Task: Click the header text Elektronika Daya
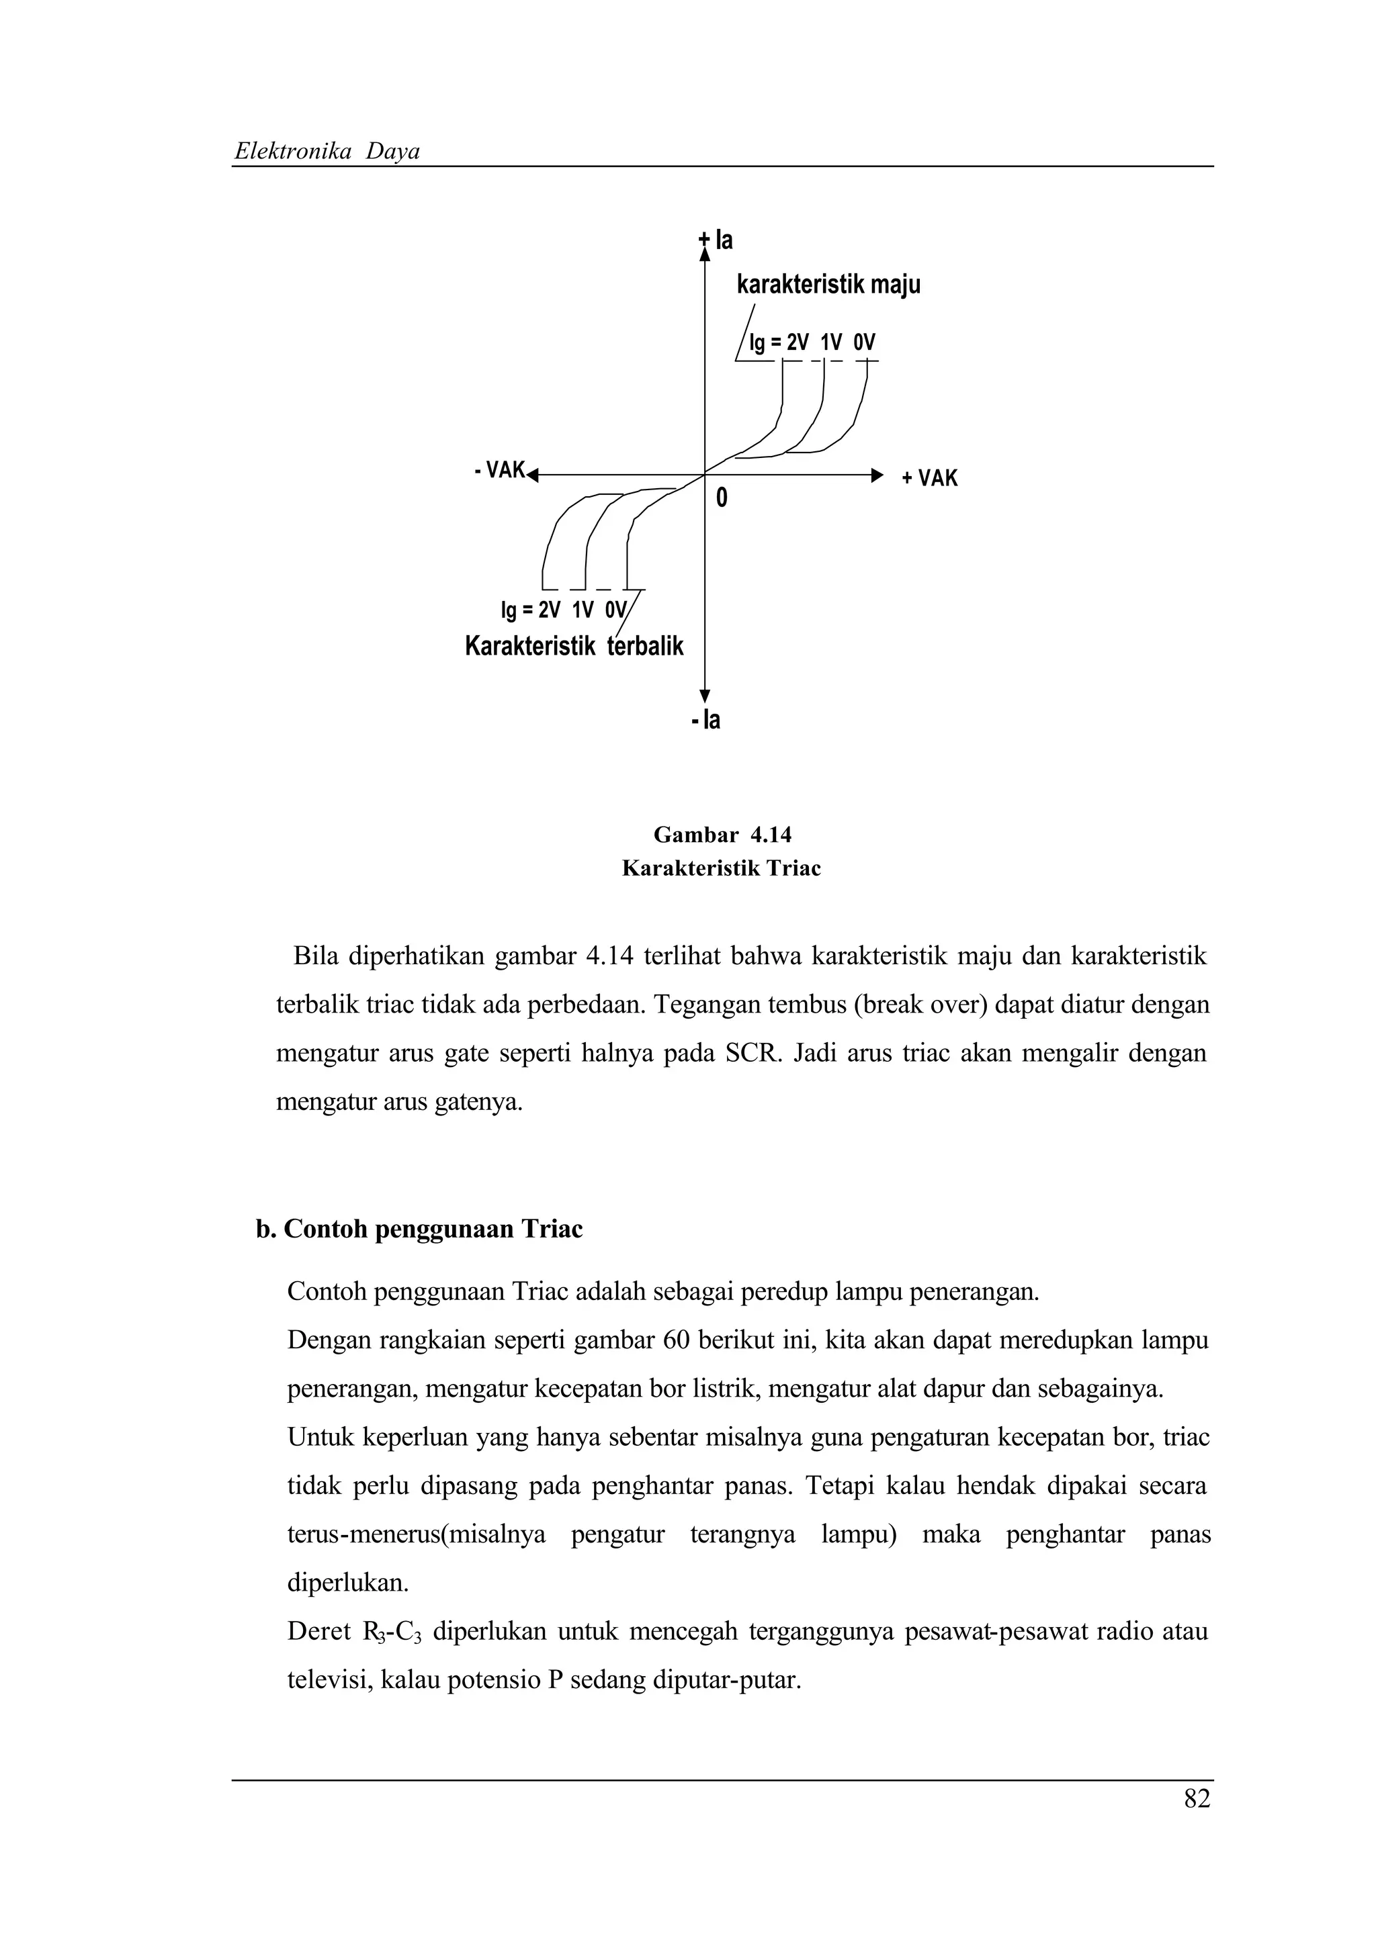click(x=327, y=152)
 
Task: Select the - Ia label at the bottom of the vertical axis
click(x=705, y=721)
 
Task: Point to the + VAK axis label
click(x=929, y=479)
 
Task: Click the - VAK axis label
click(x=499, y=471)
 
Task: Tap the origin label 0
click(x=722, y=499)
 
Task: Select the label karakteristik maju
click(x=828, y=285)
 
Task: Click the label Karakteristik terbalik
click(x=573, y=647)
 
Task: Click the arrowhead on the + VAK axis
click(x=877, y=475)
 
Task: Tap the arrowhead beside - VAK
click(x=532, y=475)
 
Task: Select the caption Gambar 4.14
click(x=722, y=835)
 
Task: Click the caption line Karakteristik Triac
click(x=722, y=869)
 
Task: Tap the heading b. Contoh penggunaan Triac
click(x=419, y=1229)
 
